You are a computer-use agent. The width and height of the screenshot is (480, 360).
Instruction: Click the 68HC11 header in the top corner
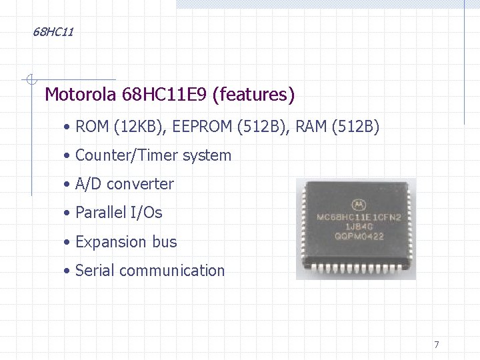(53, 32)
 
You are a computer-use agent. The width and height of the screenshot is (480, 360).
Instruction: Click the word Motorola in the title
(81, 95)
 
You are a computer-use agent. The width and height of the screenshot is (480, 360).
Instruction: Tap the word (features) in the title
(253, 95)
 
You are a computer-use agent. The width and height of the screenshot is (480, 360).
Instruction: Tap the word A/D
(89, 184)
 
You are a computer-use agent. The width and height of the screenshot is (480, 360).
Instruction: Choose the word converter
(140, 185)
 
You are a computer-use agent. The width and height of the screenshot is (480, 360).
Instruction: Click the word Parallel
(101, 213)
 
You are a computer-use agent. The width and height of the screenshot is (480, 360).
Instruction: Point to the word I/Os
(146, 213)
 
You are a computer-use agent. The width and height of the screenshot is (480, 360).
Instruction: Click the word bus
(165, 241)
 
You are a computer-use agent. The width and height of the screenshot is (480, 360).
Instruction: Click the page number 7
(437, 345)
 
